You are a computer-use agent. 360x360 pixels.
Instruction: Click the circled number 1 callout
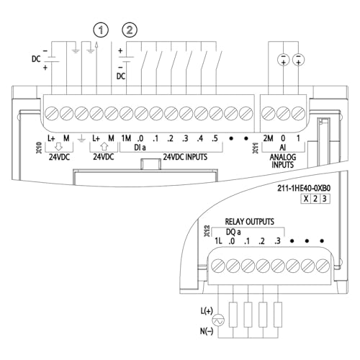101,30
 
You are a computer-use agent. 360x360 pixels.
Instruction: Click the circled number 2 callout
130,30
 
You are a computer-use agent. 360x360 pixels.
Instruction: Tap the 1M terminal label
126,138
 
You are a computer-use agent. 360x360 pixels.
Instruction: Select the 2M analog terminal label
268,138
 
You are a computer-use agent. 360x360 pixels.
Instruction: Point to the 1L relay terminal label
218,240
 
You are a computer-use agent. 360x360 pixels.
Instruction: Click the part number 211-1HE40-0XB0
304,188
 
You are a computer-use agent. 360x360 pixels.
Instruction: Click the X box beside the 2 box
306,199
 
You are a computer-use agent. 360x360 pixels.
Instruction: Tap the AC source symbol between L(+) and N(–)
218,320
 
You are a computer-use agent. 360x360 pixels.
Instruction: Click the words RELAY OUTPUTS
249,221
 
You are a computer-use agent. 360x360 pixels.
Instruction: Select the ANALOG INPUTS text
283,161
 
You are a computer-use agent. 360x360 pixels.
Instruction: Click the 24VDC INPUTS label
185,157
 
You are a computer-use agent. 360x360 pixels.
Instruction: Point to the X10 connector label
39,148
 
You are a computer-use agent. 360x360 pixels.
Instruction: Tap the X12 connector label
207,231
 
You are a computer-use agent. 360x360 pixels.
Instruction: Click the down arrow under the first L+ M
58,146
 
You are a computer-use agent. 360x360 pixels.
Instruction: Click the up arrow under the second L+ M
104,146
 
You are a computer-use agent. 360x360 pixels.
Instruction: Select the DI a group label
140,148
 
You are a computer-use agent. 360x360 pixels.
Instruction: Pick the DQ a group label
233,232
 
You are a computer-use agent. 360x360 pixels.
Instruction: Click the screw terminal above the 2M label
269,113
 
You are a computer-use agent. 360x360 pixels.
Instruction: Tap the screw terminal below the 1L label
218,266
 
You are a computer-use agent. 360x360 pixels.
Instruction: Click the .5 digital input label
215,138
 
